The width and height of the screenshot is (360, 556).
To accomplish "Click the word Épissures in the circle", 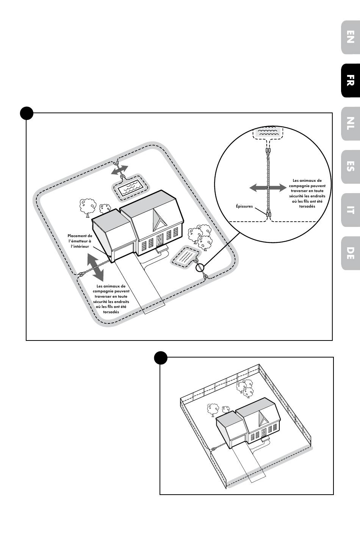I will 244,206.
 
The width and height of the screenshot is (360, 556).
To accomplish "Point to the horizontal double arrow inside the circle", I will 268,187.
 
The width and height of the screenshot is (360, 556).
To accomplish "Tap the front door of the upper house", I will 160,240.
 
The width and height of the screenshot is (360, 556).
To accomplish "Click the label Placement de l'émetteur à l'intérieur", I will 80,241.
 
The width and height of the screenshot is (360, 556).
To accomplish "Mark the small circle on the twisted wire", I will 200,267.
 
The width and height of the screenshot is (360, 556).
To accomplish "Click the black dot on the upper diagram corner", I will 27,113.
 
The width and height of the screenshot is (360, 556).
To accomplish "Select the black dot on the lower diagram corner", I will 161,357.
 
